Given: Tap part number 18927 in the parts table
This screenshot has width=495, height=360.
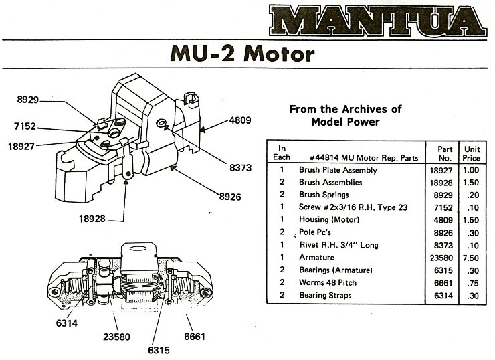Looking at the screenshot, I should pyautogui.click(x=441, y=171).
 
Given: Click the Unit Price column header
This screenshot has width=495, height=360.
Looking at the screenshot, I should pyautogui.click(x=472, y=153).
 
